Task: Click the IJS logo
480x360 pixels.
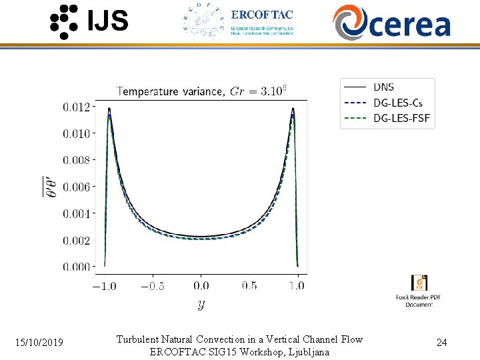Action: coord(89,21)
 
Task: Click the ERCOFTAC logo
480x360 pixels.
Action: coord(238,23)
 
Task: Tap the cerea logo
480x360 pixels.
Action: coord(392,23)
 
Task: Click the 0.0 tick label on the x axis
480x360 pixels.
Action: coord(201,286)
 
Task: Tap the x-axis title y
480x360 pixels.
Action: coord(201,305)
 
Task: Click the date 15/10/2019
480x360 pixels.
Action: coord(40,343)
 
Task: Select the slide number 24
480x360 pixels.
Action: coord(441,343)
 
